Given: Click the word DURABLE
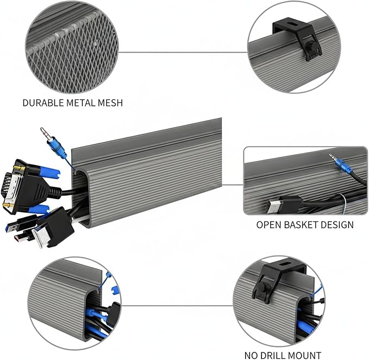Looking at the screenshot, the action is pos(43,103).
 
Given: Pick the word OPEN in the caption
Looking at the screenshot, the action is pos(269,225).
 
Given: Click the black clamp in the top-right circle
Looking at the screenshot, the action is pos(298,37).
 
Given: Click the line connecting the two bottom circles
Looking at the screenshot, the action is pos(177,306).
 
